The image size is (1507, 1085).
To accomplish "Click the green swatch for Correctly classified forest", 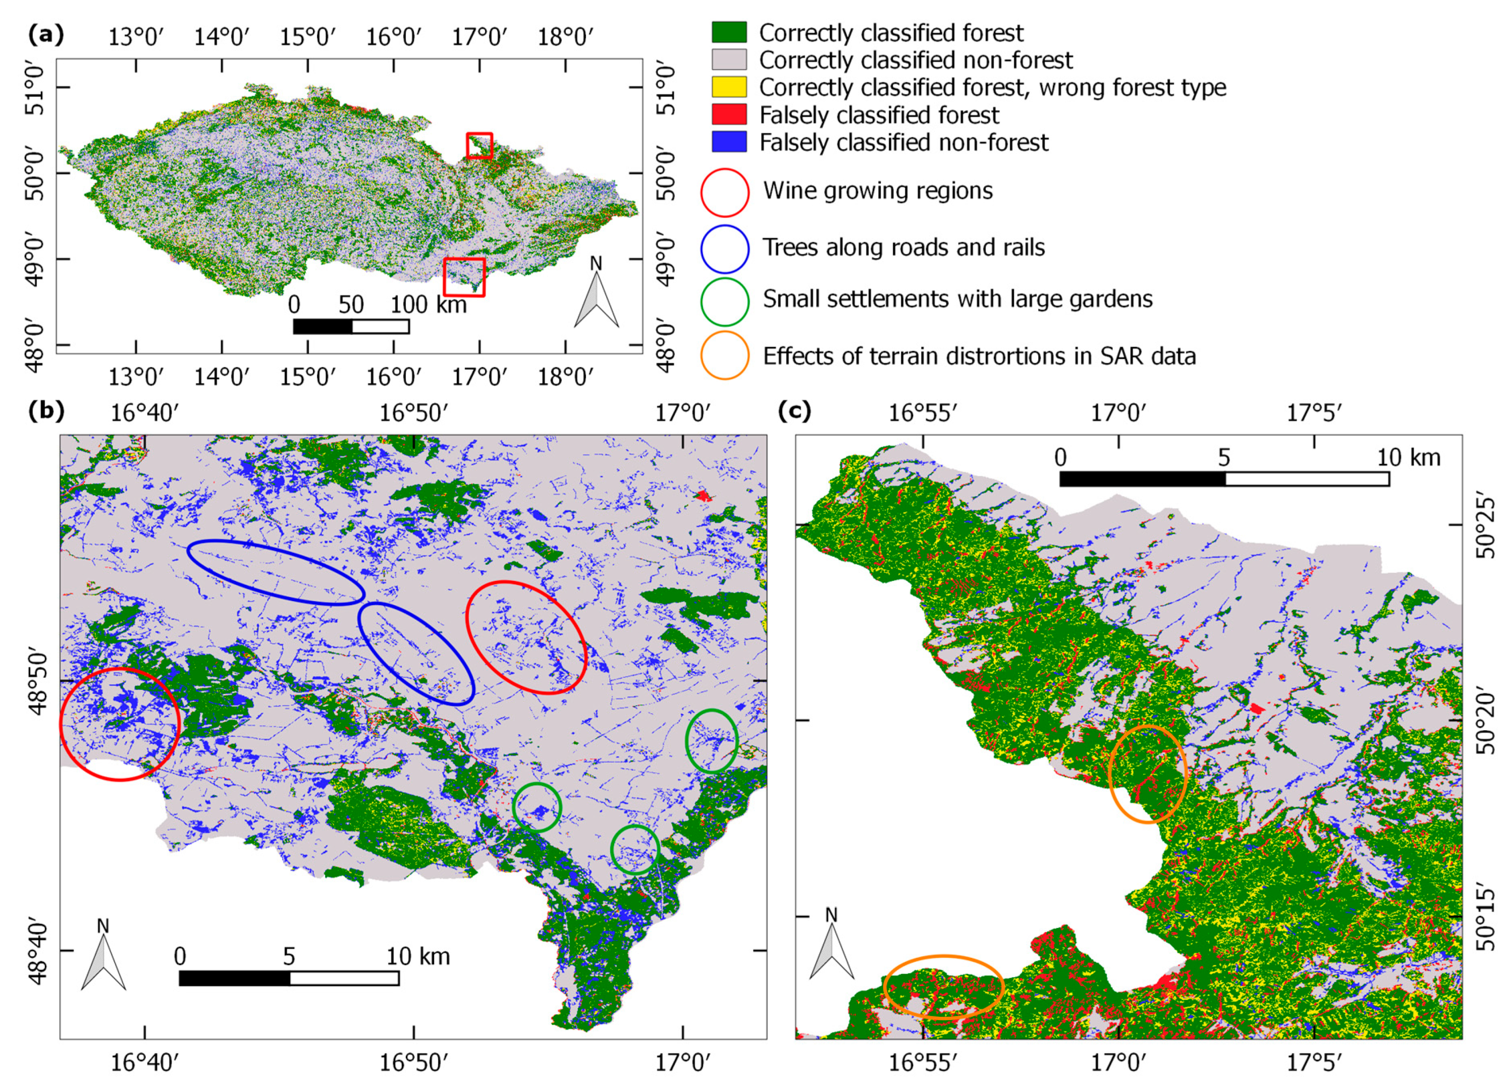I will pyautogui.click(x=729, y=32).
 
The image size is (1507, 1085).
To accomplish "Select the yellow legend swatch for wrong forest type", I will pyautogui.click(x=729, y=87).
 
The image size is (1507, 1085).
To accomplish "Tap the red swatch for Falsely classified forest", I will pyautogui.click(x=729, y=114).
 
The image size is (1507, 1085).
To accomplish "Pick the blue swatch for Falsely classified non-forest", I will pyautogui.click(x=729, y=141).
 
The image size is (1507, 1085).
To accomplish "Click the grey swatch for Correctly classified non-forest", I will pyautogui.click(x=729, y=60).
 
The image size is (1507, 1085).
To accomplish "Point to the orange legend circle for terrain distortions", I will pyautogui.click(x=724, y=355).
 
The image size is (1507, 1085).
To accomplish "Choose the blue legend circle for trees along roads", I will pyautogui.click(x=724, y=248).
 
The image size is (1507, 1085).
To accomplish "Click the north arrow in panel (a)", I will pyautogui.click(x=596, y=292).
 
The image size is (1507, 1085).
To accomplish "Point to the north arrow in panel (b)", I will pyautogui.click(x=103, y=956).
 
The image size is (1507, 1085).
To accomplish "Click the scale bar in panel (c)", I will pyautogui.click(x=1224, y=478).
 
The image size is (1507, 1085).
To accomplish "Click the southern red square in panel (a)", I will pyautogui.click(x=464, y=277).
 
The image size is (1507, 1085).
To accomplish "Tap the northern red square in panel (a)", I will pyautogui.click(x=479, y=145).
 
